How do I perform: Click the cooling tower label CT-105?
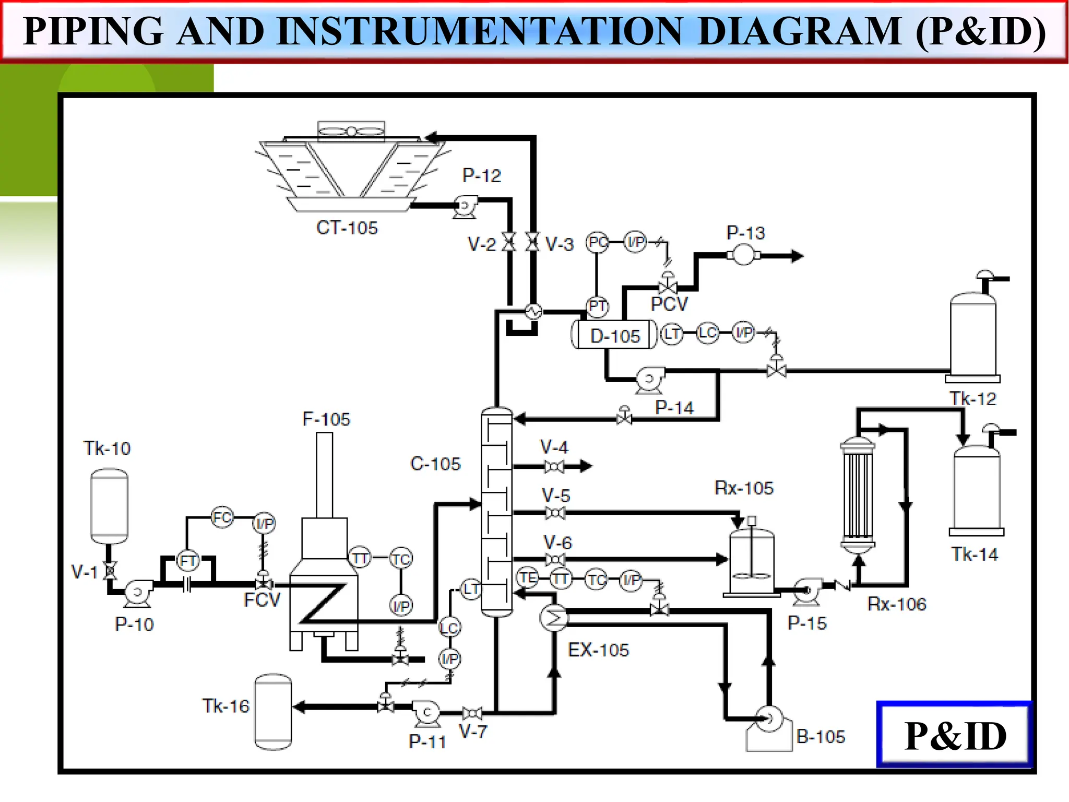(x=347, y=228)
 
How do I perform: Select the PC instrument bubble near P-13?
(x=597, y=242)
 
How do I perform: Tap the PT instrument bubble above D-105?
(x=597, y=306)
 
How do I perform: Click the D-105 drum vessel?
(x=614, y=335)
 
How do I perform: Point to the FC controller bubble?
(x=222, y=517)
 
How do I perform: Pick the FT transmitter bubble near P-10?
(x=187, y=561)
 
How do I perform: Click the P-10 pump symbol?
(x=137, y=593)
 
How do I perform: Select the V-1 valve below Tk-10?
(x=110, y=570)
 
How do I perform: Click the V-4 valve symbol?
(x=554, y=466)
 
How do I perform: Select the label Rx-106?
(x=897, y=604)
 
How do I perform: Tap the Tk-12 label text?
(x=972, y=399)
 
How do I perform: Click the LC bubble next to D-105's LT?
(x=707, y=333)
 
